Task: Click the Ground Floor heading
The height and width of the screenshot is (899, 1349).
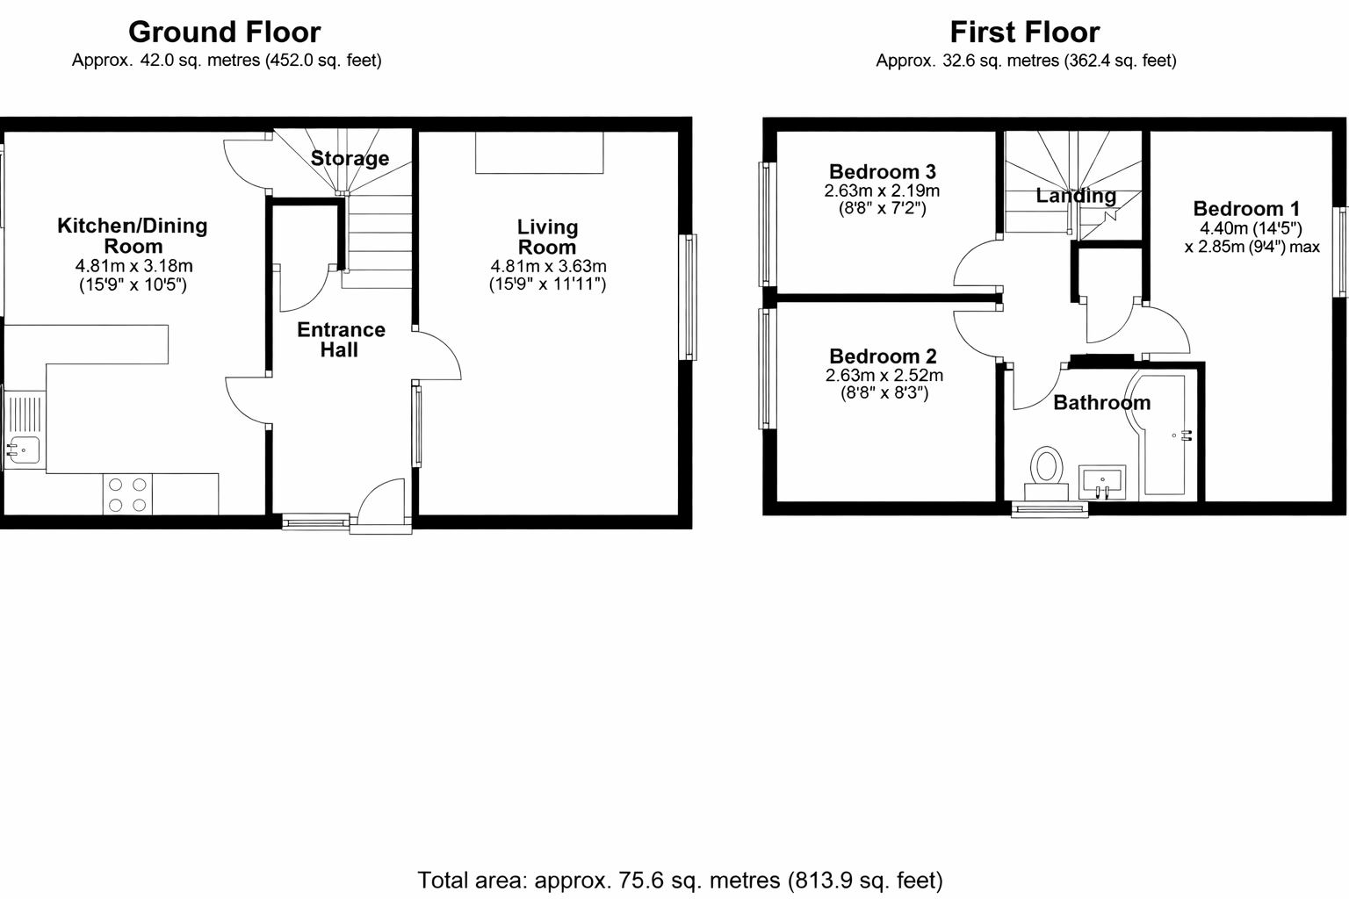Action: tap(225, 32)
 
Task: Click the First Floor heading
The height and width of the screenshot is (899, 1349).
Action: tap(1025, 32)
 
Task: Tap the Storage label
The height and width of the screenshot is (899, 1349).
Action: tap(350, 158)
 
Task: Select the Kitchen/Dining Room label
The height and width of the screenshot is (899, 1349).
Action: tap(133, 235)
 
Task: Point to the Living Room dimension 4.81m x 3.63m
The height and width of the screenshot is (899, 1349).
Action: tap(548, 266)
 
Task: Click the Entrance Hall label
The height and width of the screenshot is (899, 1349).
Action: tap(341, 340)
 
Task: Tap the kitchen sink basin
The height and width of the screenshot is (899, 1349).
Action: tap(23, 449)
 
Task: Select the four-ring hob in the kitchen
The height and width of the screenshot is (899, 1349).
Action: tap(127, 493)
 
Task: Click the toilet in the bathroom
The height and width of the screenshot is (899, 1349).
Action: tap(1046, 473)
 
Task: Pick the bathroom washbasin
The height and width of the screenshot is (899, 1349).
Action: tap(1102, 482)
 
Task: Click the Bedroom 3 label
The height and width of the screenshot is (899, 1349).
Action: tap(883, 171)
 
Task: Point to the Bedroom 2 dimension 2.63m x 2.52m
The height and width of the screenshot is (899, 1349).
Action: tap(884, 375)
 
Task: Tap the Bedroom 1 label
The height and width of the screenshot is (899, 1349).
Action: tap(1246, 209)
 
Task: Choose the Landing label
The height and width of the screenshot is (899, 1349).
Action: tap(1076, 196)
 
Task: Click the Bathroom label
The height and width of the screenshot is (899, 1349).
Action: tap(1101, 402)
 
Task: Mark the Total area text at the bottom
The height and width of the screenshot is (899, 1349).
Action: tap(680, 881)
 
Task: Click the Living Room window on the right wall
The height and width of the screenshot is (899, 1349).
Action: tap(688, 298)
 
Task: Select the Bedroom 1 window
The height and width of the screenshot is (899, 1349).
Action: tap(1342, 252)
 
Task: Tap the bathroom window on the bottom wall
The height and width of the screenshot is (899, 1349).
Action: tap(1050, 510)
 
